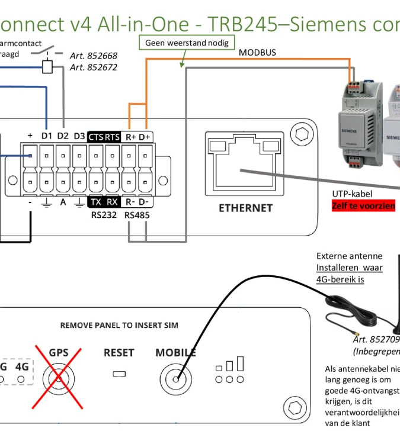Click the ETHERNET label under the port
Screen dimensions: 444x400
[x=245, y=208]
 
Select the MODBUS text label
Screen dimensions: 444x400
[x=257, y=53]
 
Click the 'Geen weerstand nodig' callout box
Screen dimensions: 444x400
[x=187, y=43]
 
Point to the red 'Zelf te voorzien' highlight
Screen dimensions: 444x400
[x=363, y=205]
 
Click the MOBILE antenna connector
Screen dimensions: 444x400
[x=175, y=377]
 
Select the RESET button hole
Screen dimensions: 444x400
[x=119, y=374]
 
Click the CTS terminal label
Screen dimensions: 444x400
[x=96, y=137]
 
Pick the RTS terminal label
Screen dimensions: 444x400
[x=113, y=137]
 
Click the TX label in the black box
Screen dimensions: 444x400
[x=96, y=202]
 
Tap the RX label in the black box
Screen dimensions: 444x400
[x=113, y=202]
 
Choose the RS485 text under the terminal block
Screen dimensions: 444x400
[x=137, y=215]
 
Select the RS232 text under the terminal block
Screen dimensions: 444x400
[x=104, y=215]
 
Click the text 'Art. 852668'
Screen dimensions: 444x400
[x=94, y=56]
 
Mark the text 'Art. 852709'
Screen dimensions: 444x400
[x=376, y=340]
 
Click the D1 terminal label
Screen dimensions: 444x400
[x=47, y=136]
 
